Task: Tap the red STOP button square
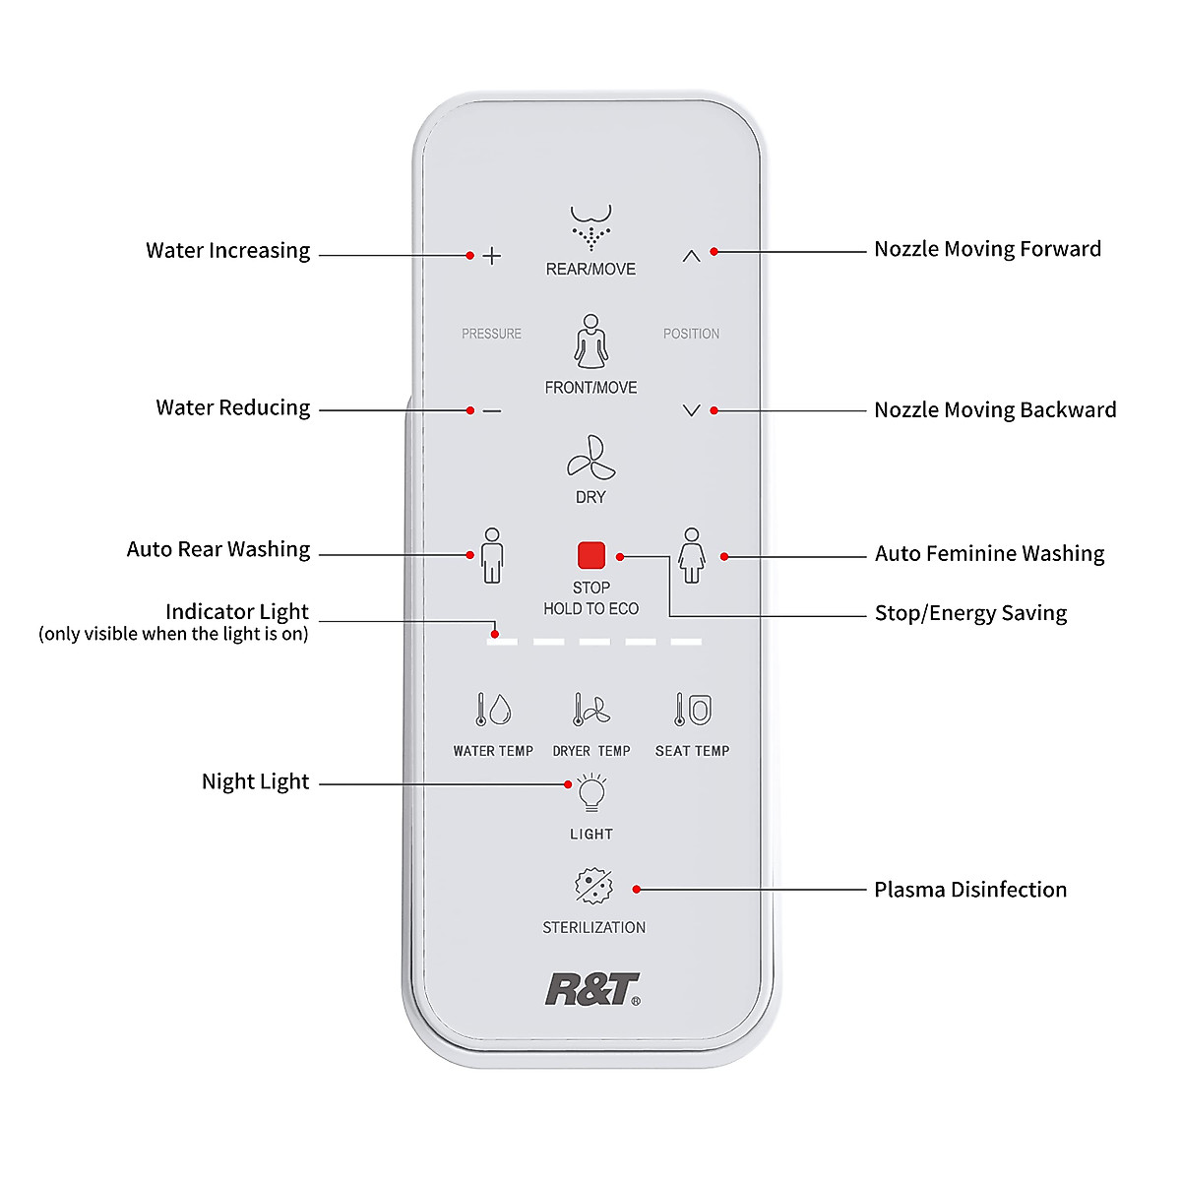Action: (590, 555)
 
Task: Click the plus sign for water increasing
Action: (492, 256)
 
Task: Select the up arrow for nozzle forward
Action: (691, 256)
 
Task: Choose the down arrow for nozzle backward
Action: (691, 410)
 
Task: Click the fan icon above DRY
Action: (590, 458)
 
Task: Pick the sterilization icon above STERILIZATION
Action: (593, 887)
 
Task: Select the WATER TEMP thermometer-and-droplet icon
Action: (492, 709)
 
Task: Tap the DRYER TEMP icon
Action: (591, 709)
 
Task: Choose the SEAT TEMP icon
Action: (693, 709)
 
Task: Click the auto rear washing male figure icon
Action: (492, 555)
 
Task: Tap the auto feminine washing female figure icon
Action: (692, 555)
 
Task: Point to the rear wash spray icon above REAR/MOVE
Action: (590, 227)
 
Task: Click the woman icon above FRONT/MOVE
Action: (590, 342)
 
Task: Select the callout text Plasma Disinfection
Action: (969, 890)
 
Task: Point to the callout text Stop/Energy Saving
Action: (969, 613)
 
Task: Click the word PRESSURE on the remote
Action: (491, 334)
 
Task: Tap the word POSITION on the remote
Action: (691, 334)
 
